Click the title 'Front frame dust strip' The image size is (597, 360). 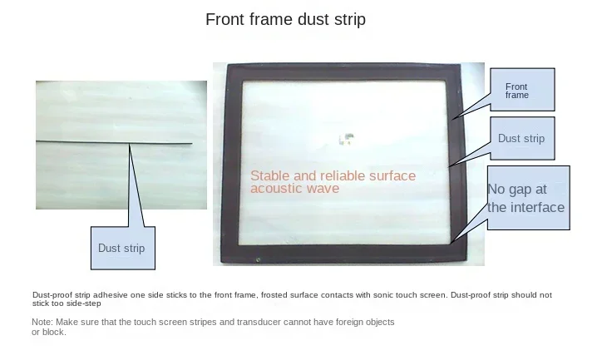[285, 19]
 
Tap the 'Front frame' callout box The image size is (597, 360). [522, 90]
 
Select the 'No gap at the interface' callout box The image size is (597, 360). [529, 198]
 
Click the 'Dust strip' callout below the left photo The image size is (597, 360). [123, 248]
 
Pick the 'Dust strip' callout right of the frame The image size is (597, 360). [522, 139]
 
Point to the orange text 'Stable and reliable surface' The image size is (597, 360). [333, 175]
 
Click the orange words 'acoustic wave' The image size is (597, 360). [294, 189]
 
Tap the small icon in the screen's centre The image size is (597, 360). [347, 139]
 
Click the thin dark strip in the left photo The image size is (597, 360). [114, 143]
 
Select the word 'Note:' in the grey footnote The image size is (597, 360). [42, 322]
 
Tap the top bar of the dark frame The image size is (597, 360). [343, 72]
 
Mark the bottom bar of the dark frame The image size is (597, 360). [343, 254]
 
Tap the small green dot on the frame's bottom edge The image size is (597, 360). [258, 260]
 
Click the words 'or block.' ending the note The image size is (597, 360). [49, 332]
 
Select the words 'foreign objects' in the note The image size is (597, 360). [365, 322]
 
